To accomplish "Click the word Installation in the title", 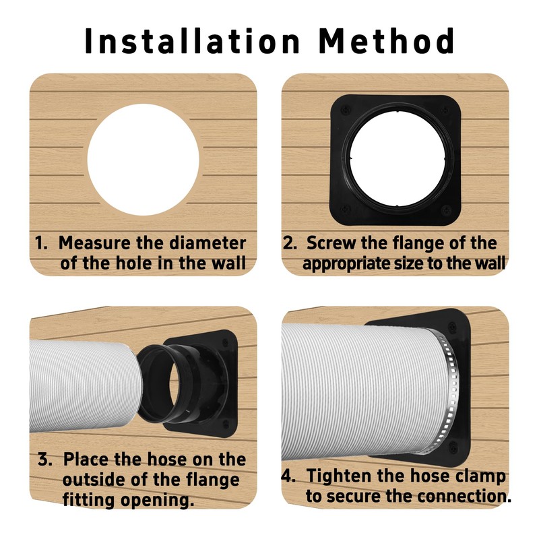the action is pyautogui.click(x=193, y=41).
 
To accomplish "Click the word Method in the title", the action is pyautogui.click(x=387, y=41).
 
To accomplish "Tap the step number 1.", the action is pyautogui.click(x=40, y=243).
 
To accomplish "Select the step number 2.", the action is pyautogui.click(x=290, y=243).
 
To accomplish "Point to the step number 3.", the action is pyautogui.click(x=44, y=459).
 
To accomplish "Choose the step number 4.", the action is pyautogui.click(x=288, y=476).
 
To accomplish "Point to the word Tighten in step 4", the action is pyautogui.click(x=339, y=476).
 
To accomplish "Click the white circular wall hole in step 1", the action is pyautogui.click(x=144, y=160).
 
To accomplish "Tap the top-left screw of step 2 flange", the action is pyautogui.click(x=346, y=110).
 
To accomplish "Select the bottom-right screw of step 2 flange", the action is pyautogui.click(x=447, y=210).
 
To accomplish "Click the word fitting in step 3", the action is pyautogui.click(x=88, y=500).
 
